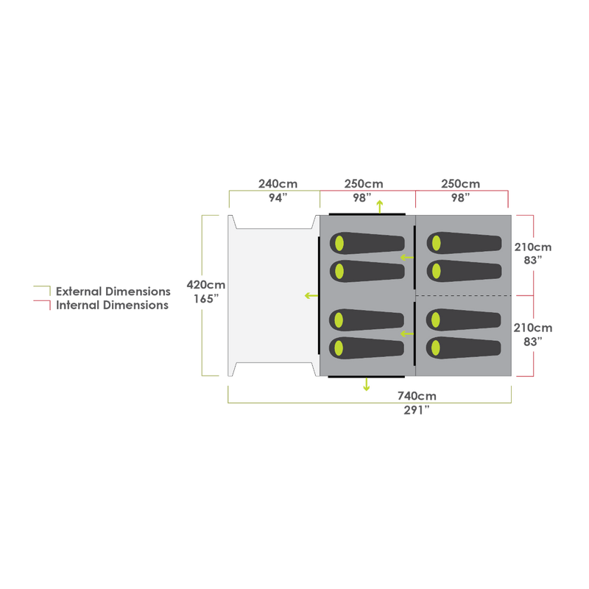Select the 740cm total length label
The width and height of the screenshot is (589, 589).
pos(417,396)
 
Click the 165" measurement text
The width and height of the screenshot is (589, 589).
pos(206,299)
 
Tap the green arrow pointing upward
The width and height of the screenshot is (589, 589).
pos(380,205)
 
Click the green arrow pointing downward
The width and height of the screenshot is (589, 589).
pos(366,385)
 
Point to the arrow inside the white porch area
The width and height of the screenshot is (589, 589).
pos(311,295)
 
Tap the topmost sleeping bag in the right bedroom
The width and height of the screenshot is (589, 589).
pos(464,243)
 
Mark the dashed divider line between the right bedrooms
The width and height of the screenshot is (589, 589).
pos(464,295)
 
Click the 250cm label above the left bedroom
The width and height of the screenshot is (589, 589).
pos(364,183)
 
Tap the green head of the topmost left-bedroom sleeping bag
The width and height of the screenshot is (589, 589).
pos(339,244)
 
